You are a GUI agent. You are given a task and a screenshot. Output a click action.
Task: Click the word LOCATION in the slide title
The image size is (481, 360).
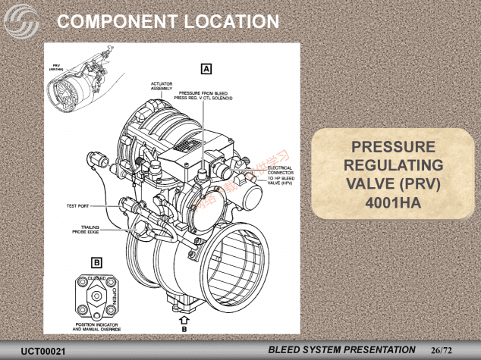click(221, 20)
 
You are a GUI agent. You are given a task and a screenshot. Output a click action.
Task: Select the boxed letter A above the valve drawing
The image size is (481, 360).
click(206, 68)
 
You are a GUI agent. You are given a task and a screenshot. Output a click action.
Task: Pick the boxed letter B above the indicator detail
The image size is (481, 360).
click(96, 263)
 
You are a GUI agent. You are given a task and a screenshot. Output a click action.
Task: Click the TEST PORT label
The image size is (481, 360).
click(78, 205)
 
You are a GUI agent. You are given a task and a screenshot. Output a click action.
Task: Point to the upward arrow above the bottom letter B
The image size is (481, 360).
click(184, 321)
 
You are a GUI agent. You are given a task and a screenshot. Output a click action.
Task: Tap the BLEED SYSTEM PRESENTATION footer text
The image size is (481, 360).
click(342, 350)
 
